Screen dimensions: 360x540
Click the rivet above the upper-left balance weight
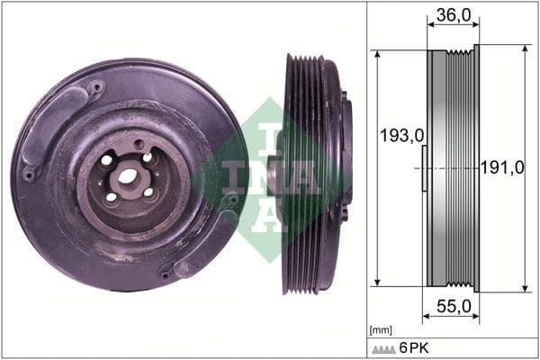click(x=95, y=87)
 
